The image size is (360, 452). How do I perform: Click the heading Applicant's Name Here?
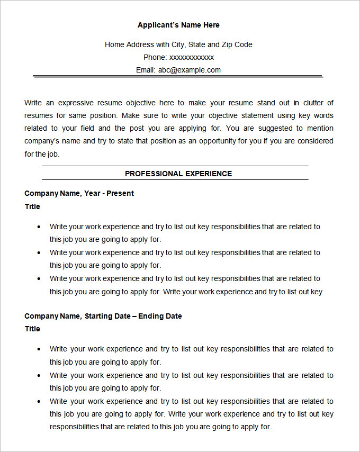[x=178, y=25]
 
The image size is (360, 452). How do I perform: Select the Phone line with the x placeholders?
[x=178, y=57]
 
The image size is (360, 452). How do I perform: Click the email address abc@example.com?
[x=189, y=70]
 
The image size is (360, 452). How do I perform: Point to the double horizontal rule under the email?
[x=178, y=77]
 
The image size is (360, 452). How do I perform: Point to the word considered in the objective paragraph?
[x=314, y=141]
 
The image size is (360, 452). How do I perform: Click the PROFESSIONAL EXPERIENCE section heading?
[x=178, y=174]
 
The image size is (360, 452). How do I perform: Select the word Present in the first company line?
[x=120, y=193]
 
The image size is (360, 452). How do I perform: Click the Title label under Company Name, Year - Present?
[x=32, y=206]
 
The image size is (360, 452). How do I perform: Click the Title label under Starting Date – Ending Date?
[x=32, y=329]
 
